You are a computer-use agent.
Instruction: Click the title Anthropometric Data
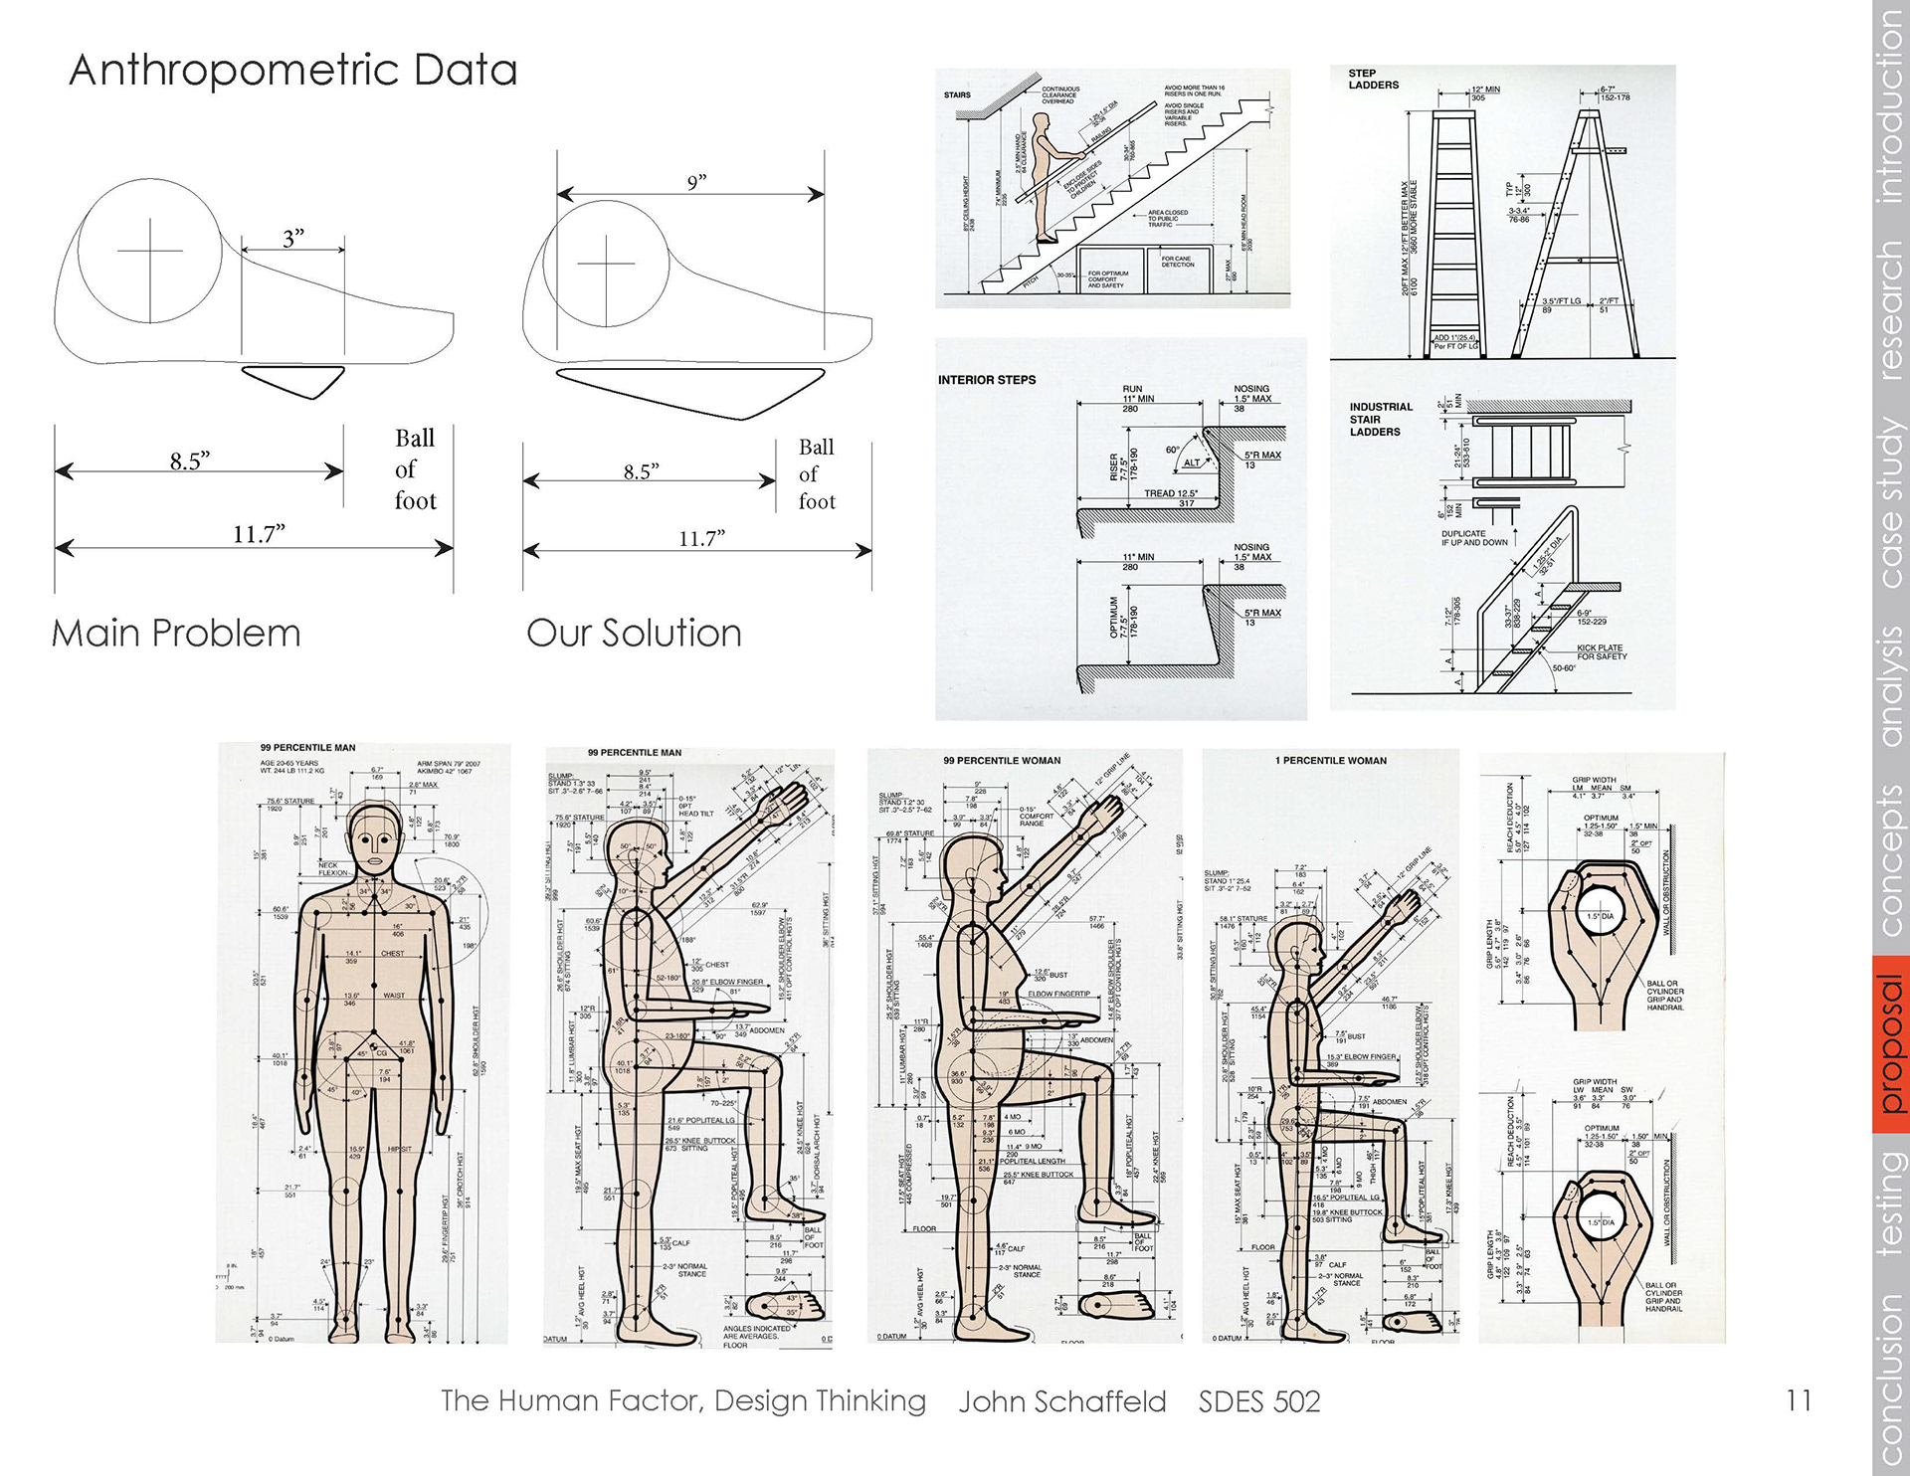point(292,71)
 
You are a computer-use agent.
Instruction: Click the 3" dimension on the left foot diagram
point(292,239)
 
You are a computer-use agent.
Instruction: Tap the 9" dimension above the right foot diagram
point(695,182)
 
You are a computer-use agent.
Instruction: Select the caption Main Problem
point(176,634)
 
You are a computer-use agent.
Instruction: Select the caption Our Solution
point(634,634)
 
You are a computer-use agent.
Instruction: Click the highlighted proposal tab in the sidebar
point(1890,1043)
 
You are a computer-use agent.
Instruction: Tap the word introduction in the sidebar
point(1890,104)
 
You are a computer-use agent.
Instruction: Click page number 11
point(1798,1400)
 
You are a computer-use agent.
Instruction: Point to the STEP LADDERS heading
point(1373,80)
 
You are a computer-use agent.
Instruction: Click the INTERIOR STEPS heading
point(986,380)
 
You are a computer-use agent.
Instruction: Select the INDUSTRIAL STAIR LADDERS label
point(1380,419)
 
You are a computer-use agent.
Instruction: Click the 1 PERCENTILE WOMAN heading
point(1330,761)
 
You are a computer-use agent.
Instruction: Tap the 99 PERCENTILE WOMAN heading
point(1002,761)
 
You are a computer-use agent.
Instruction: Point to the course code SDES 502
point(1258,1401)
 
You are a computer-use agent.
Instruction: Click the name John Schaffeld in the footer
point(1061,1401)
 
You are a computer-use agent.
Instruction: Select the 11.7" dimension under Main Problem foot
point(259,534)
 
